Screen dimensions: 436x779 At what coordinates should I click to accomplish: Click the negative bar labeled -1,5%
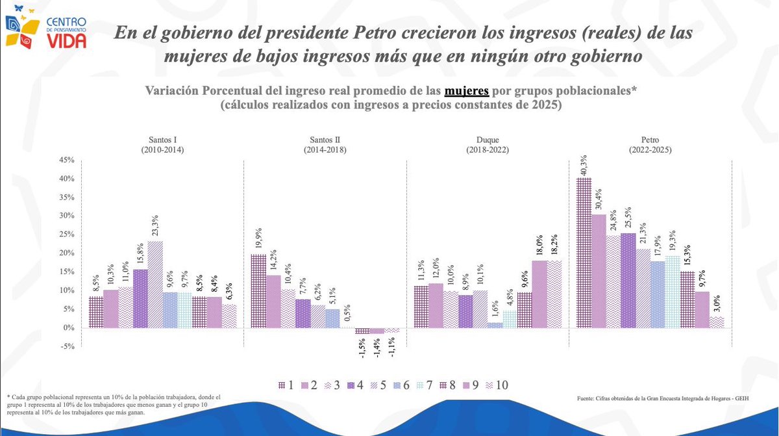coord(362,331)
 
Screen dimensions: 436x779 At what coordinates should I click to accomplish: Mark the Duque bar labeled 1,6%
coord(495,325)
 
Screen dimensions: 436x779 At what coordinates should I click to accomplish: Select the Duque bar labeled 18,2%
coord(554,294)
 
